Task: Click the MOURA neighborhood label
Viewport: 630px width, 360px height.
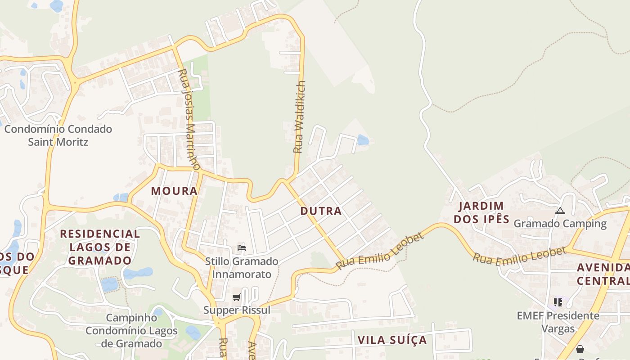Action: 174,191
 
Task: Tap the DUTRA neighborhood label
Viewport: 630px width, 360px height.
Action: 321,211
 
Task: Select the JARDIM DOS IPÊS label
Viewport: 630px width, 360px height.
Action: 481,213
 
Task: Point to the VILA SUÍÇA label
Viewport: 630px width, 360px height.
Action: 392,340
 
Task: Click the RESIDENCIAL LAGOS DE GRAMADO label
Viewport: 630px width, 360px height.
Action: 100,247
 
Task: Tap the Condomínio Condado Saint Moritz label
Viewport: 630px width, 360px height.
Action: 58,135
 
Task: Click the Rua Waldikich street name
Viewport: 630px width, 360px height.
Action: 299,117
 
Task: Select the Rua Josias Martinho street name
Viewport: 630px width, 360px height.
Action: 189,120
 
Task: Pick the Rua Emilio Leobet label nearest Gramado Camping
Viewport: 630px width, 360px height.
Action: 519,256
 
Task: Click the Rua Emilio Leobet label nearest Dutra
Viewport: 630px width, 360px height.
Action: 380,252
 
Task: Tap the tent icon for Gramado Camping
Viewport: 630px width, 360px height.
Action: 560,211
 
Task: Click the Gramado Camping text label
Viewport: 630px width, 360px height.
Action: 560,224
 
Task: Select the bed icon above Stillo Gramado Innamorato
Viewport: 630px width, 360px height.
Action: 242,247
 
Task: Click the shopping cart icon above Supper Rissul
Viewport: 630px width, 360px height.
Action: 237,297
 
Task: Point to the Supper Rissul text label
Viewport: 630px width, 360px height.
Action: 237,310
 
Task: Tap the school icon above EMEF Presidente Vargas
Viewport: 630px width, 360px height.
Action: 558,302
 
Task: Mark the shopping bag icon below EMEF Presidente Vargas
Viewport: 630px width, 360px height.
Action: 580,349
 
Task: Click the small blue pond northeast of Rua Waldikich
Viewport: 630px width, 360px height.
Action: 363,140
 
